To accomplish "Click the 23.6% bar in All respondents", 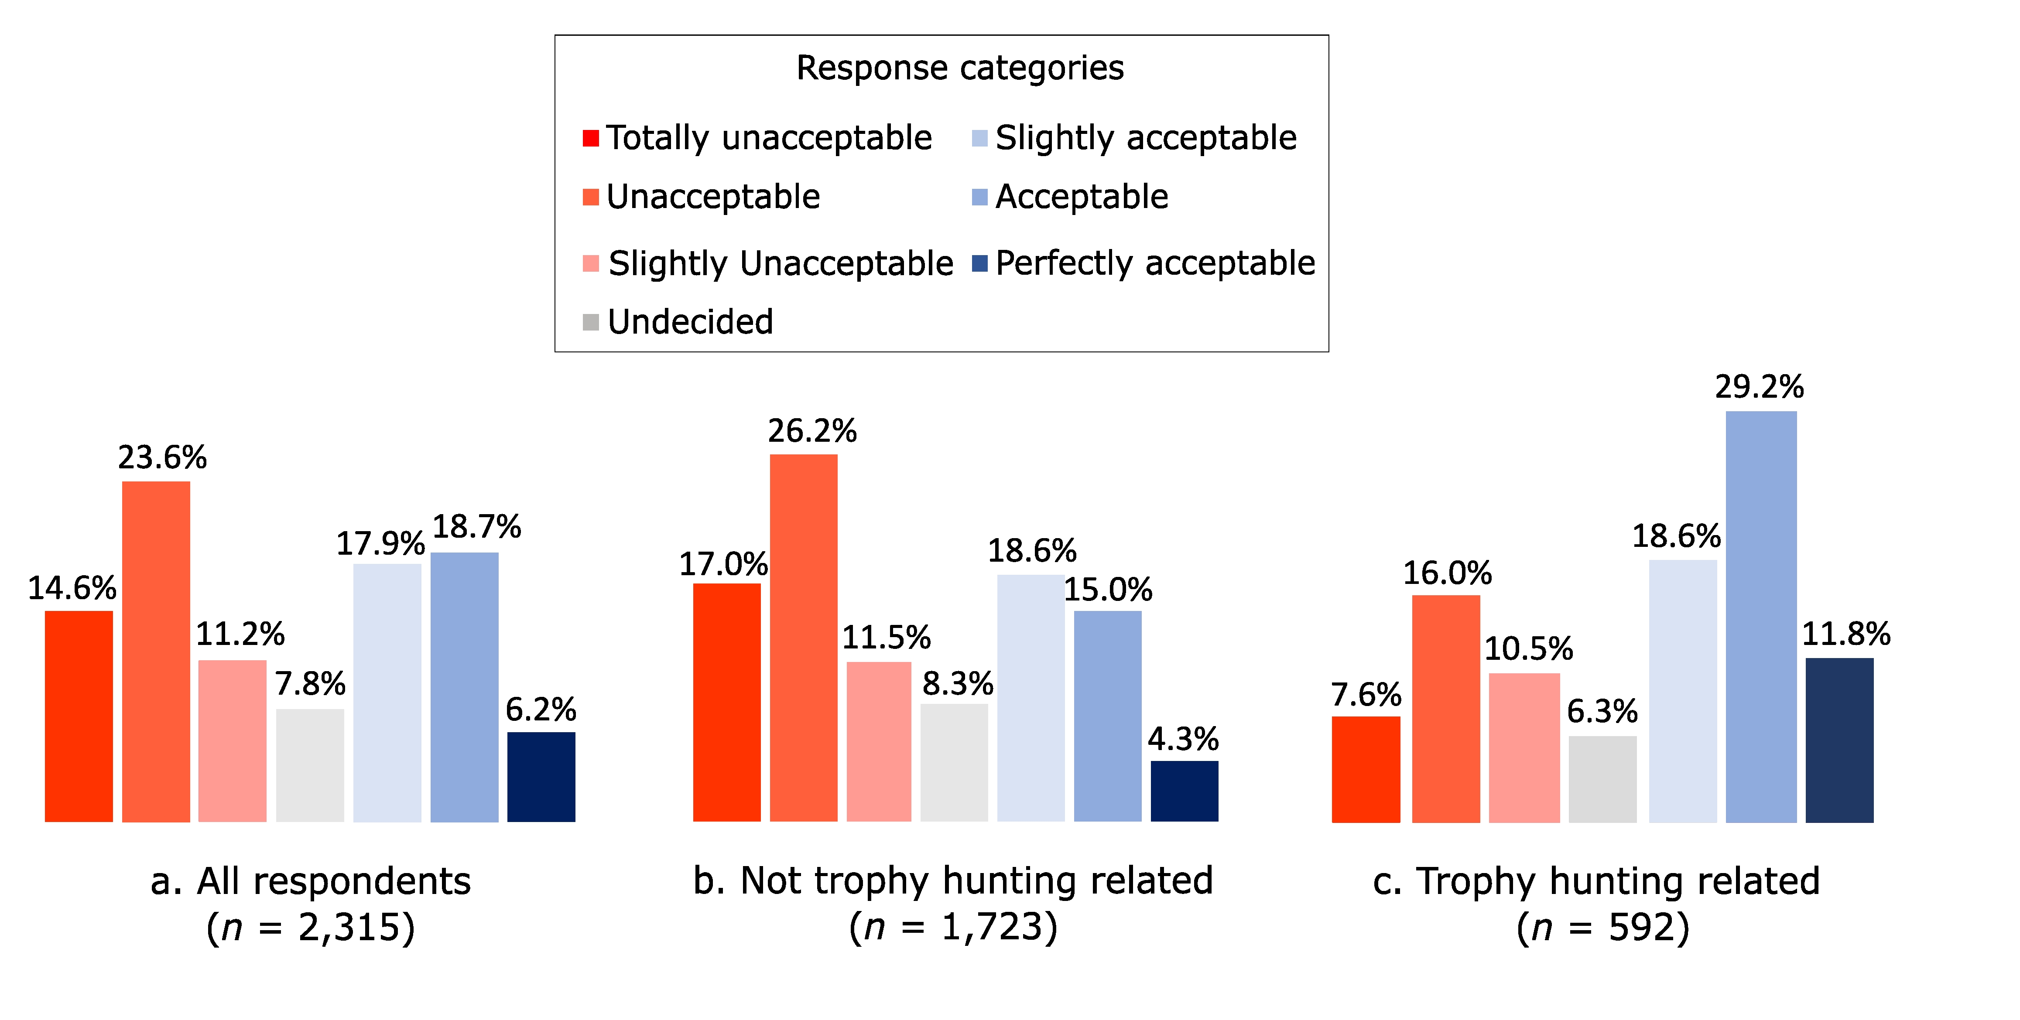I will pos(156,651).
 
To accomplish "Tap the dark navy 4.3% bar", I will pos(1184,790).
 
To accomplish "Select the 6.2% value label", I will pos(540,710).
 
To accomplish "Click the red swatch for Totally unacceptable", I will pos(590,139).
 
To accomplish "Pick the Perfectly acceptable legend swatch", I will pos(979,263).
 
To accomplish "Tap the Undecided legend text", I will pos(690,321).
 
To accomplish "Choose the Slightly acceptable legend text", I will pos(1146,138).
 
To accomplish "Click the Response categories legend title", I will pos(960,68).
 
